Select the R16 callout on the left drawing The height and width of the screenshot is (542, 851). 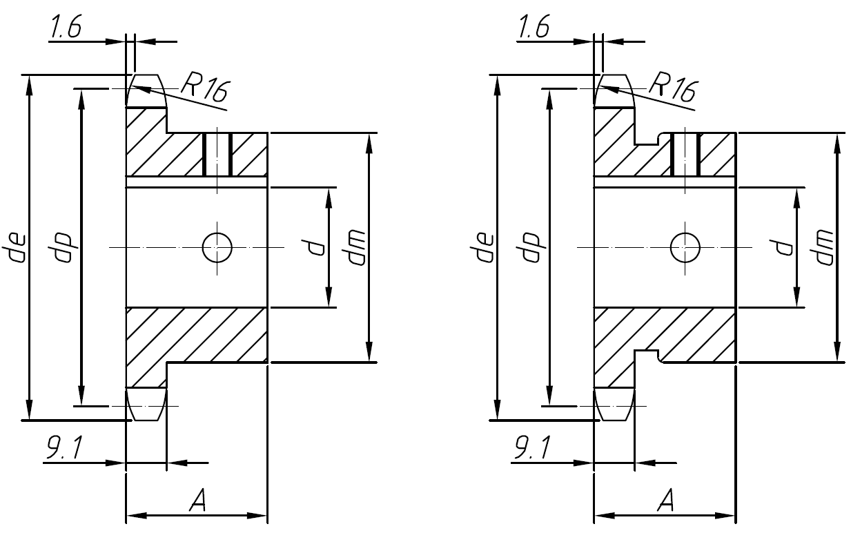[x=204, y=88]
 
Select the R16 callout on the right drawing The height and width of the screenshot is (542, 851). [x=672, y=88]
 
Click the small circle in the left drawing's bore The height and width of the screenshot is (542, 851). [x=217, y=246]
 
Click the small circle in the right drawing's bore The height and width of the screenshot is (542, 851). [x=685, y=246]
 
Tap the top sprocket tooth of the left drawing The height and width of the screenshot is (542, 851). [x=146, y=91]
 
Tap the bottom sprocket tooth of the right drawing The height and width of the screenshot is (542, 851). [x=614, y=404]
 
